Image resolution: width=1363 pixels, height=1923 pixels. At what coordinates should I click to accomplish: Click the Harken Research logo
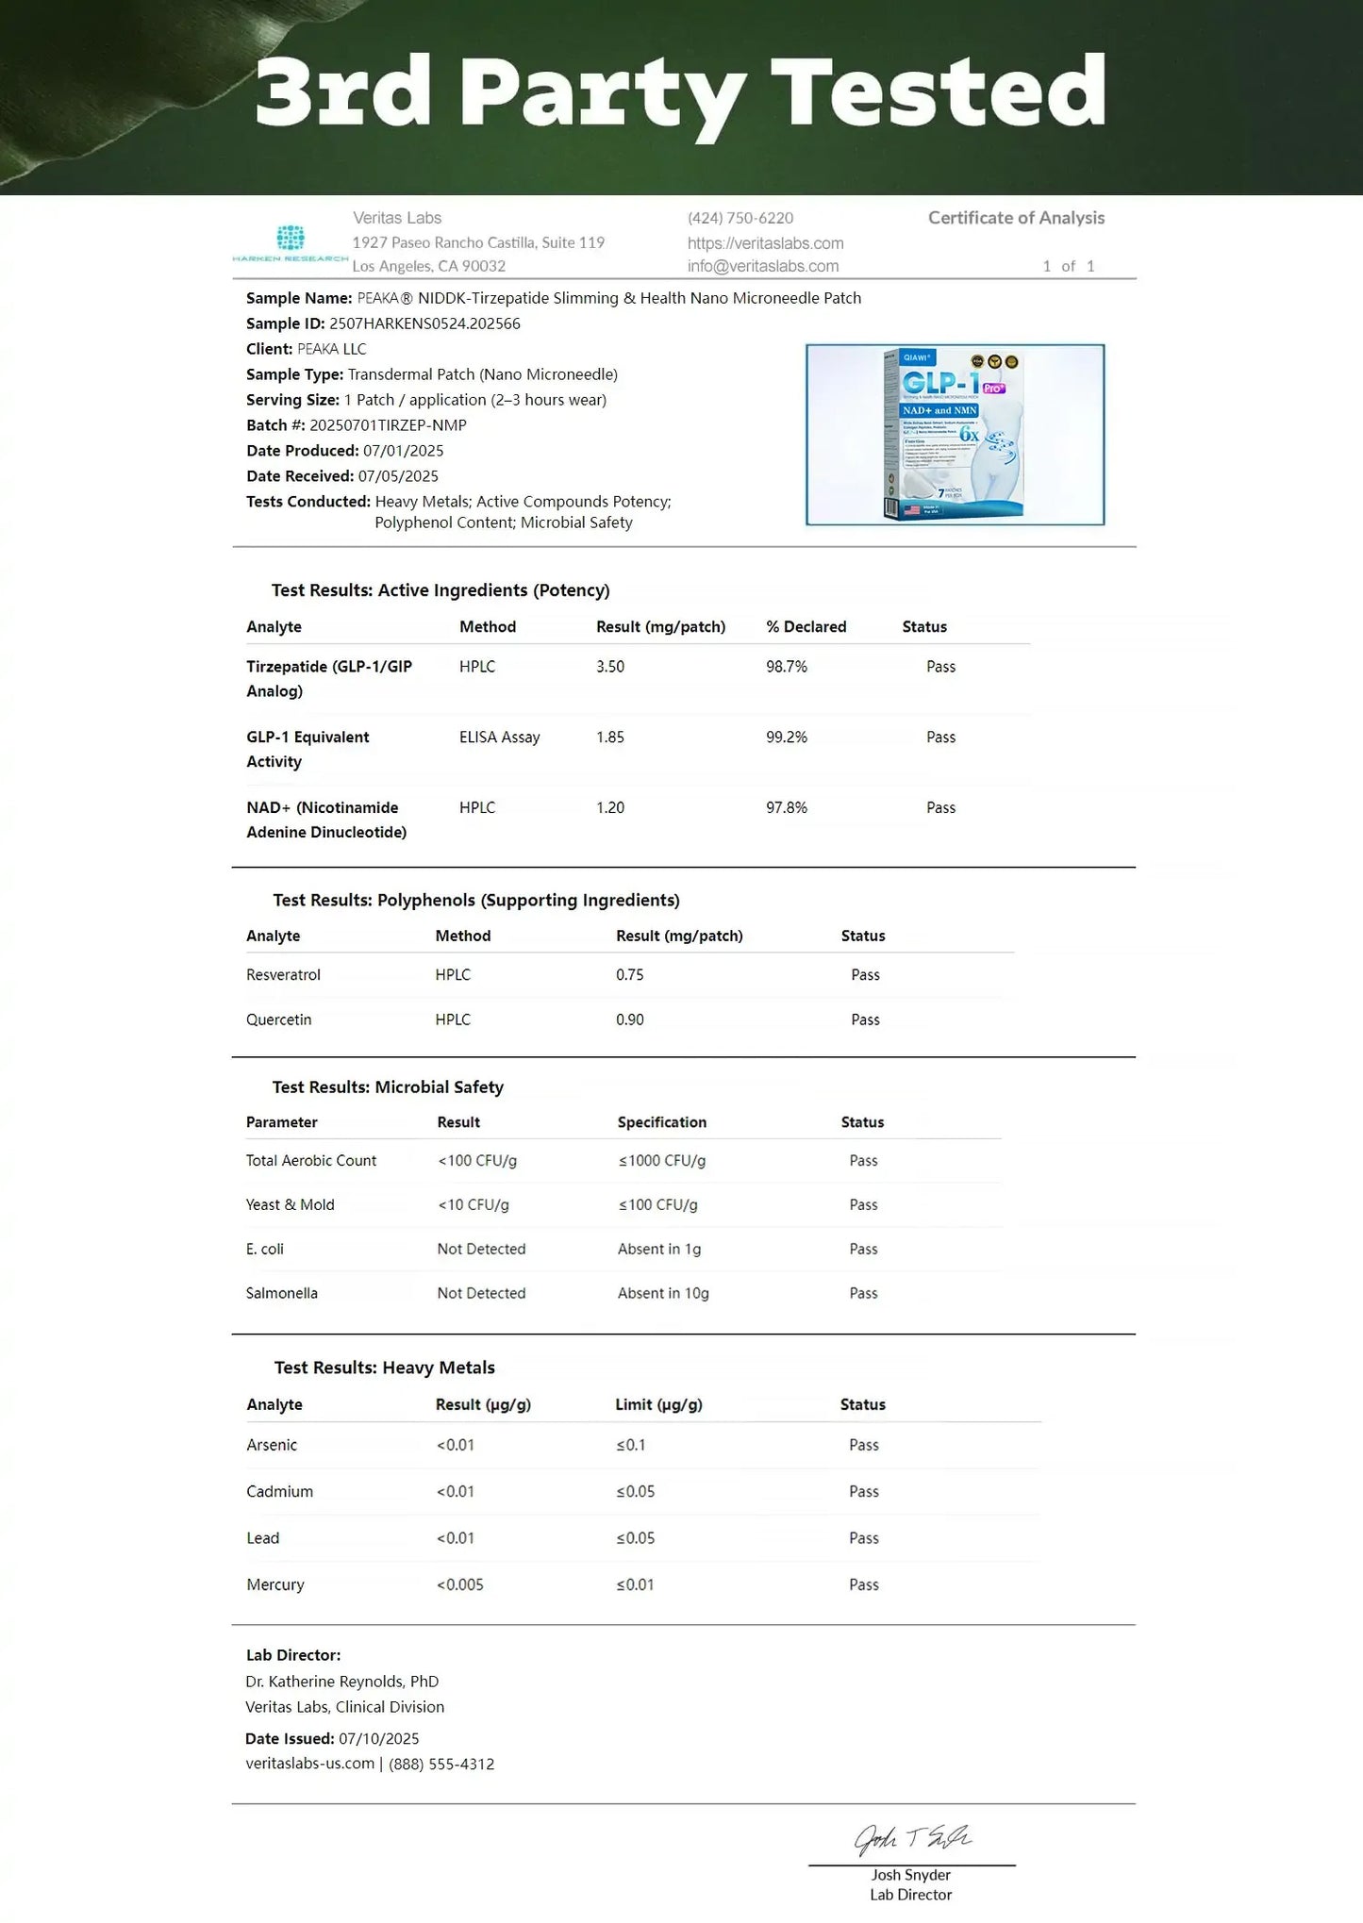[291, 243]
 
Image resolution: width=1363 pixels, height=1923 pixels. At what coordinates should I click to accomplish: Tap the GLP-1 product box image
[955, 435]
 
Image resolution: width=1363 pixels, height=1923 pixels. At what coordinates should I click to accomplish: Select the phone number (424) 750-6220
[740, 218]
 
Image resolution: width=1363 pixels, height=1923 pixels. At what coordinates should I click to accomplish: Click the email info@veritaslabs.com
[762, 266]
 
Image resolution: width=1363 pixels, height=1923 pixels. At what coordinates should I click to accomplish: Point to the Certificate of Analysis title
[1016, 218]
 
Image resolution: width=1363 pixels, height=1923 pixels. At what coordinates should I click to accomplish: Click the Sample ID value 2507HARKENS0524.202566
[424, 323]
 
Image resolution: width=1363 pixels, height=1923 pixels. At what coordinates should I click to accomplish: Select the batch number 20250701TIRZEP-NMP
[388, 425]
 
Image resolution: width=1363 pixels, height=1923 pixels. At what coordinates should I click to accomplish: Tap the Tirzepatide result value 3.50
[610, 667]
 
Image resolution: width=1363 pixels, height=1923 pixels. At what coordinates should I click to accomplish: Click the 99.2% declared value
[787, 738]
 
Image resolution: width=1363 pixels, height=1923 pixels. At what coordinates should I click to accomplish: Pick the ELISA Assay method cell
[500, 738]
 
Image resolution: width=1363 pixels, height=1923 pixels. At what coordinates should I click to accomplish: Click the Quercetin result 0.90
[630, 1020]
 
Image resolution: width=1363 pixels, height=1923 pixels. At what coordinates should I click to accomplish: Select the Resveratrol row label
[283, 975]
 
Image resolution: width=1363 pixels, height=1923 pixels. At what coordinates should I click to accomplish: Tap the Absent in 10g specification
[663, 1293]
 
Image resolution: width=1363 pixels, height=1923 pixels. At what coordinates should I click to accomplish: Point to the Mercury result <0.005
[460, 1584]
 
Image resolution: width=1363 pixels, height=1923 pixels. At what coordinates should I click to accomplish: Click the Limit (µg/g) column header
[658, 1404]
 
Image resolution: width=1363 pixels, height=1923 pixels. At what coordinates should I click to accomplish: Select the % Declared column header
[806, 627]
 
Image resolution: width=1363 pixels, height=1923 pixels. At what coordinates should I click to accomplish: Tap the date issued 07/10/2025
[379, 1738]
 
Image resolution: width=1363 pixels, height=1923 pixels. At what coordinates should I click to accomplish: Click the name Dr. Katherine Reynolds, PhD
[341, 1681]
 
